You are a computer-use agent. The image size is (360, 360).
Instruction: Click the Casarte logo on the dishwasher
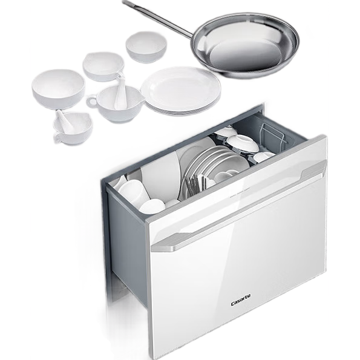click(x=241, y=300)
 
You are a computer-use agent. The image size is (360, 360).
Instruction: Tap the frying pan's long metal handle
click(x=159, y=19)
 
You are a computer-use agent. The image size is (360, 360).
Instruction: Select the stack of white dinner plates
click(x=181, y=91)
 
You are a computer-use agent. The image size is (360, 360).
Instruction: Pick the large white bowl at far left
click(x=58, y=88)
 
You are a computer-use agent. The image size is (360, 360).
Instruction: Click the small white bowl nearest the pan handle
click(x=146, y=47)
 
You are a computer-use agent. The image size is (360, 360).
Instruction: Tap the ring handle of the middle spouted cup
click(x=91, y=102)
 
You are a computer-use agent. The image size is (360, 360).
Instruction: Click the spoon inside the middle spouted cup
click(x=120, y=92)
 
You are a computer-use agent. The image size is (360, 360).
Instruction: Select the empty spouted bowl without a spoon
click(x=103, y=66)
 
